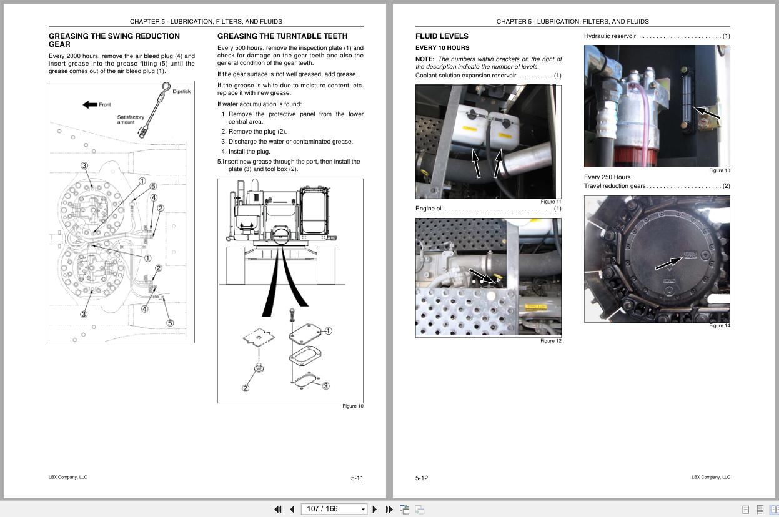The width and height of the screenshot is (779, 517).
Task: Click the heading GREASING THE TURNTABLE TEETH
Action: click(x=282, y=36)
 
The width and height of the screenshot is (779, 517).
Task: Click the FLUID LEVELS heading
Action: click(x=442, y=36)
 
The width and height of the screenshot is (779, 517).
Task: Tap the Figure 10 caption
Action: click(x=352, y=406)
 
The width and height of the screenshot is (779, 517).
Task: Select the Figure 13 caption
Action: click(x=719, y=170)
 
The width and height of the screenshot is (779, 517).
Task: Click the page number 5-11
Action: click(x=357, y=478)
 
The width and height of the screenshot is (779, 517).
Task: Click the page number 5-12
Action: click(x=422, y=478)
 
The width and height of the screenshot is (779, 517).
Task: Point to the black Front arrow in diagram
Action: click(x=90, y=104)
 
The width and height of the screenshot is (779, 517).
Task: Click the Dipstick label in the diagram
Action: click(x=181, y=92)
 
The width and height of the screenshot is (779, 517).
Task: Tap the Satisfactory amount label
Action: click(x=131, y=119)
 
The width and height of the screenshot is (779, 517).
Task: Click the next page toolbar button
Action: click(x=375, y=510)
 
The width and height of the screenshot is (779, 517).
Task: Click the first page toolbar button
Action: click(x=278, y=510)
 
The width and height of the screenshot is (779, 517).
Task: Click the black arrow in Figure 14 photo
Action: click(x=667, y=264)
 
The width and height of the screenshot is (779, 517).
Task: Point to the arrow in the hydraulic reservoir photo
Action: click(x=706, y=113)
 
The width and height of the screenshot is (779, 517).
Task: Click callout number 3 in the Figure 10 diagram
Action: click(x=325, y=386)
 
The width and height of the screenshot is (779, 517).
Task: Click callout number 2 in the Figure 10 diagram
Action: click(x=246, y=388)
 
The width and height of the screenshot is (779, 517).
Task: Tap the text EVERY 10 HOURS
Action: click(x=442, y=48)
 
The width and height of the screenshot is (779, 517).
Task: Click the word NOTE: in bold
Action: click(x=425, y=59)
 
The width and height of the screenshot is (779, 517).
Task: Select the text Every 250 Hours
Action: click(x=607, y=177)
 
